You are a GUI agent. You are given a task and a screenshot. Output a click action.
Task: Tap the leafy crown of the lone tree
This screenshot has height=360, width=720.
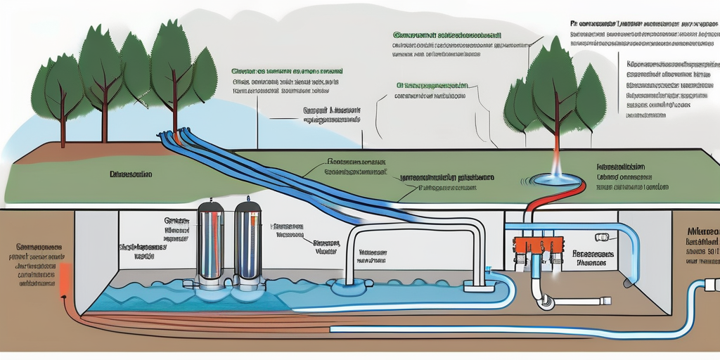click(x=555, y=84)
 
